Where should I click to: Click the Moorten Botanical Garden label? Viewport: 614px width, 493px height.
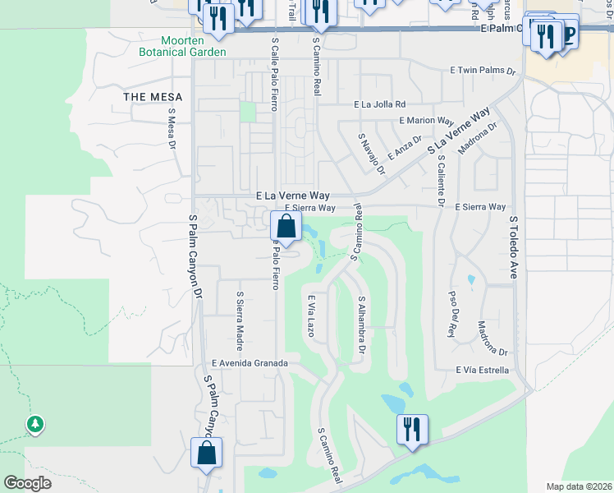click(x=182, y=46)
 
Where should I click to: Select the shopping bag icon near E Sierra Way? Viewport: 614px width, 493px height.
click(x=285, y=226)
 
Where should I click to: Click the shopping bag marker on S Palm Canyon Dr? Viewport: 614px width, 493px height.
click(x=207, y=453)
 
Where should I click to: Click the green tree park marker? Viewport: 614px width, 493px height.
click(x=34, y=425)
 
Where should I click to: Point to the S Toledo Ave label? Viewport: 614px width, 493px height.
click(x=514, y=247)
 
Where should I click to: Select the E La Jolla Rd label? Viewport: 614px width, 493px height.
click(x=380, y=105)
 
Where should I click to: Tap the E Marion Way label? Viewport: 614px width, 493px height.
click(x=426, y=121)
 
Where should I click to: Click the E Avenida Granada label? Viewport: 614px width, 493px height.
click(x=250, y=362)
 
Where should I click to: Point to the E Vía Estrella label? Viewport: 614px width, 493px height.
click(x=483, y=371)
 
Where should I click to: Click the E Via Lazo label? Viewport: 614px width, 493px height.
click(x=311, y=316)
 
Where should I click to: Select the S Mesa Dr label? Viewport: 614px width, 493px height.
click(x=172, y=129)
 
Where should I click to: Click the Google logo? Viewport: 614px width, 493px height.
click(x=27, y=483)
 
